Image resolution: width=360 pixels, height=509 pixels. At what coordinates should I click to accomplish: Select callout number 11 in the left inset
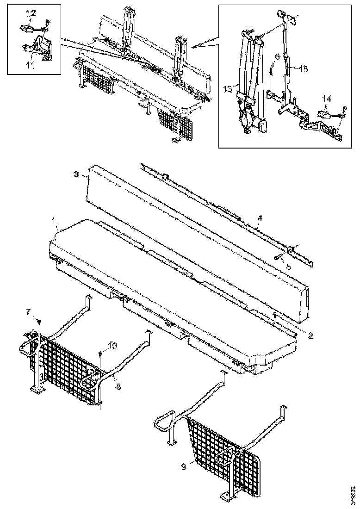30,66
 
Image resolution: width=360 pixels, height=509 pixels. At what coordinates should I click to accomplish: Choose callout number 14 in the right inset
327,98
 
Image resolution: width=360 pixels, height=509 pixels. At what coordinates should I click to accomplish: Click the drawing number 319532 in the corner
354,494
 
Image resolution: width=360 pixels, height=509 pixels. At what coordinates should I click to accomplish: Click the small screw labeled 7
40,322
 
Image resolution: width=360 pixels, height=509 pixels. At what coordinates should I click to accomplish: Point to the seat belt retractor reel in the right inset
248,121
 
